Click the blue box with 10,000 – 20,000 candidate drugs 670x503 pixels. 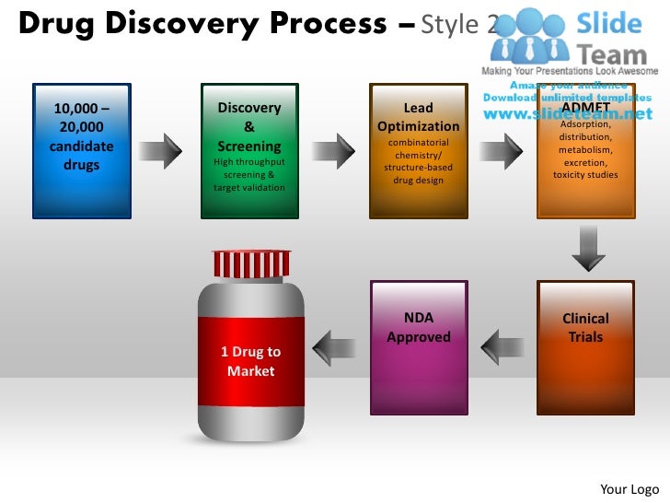(x=81, y=151)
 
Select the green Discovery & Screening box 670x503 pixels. (x=249, y=151)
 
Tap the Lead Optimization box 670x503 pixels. (x=418, y=151)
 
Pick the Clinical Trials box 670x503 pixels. (x=585, y=347)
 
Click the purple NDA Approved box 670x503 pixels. (x=419, y=347)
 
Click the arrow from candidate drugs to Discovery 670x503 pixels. (x=163, y=151)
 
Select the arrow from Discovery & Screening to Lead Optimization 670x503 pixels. (x=333, y=151)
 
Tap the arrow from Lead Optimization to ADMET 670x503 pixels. (x=502, y=151)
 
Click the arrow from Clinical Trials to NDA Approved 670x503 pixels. (x=502, y=346)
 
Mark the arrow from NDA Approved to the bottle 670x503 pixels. (x=334, y=346)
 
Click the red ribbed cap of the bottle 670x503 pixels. (x=250, y=264)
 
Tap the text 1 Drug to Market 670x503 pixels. (x=250, y=361)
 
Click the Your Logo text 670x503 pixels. (x=630, y=488)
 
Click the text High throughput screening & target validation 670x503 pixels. (x=249, y=174)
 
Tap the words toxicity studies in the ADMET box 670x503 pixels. (x=585, y=174)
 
